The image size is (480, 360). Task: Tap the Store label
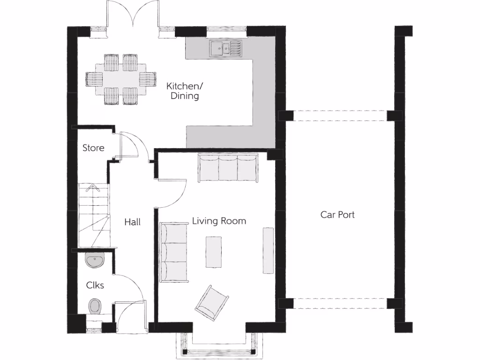tap(93, 148)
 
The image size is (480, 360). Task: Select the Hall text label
tap(132, 222)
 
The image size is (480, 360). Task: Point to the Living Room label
tap(219, 221)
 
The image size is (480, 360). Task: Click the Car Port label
tap(337, 215)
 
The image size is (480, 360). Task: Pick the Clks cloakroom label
tap(95, 285)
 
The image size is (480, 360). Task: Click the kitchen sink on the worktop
tap(225, 48)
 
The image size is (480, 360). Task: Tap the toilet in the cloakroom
tap(95, 306)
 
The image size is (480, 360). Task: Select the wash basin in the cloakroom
tap(96, 259)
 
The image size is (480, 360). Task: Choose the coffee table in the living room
tap(214, 252)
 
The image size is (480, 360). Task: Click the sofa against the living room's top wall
tap(228, 168)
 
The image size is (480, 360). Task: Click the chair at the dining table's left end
tap(92, 79)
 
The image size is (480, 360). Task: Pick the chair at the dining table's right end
tap(149, 79)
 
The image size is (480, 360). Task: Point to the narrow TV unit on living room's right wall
tap(268, 250)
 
